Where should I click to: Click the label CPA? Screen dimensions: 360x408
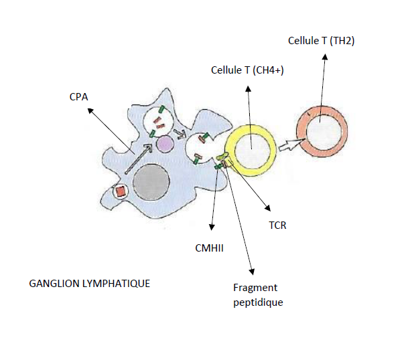79,98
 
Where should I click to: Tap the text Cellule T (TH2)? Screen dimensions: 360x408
321,41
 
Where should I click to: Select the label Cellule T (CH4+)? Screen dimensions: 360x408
247,70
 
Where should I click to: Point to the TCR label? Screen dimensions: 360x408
277,225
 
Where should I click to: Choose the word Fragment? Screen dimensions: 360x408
255,288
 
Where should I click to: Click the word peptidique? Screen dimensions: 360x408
258,302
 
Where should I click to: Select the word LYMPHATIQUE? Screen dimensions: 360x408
117,283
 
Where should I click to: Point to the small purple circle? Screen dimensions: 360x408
165,143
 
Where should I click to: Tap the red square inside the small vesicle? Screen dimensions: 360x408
121,191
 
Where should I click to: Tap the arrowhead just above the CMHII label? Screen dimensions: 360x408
212,228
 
